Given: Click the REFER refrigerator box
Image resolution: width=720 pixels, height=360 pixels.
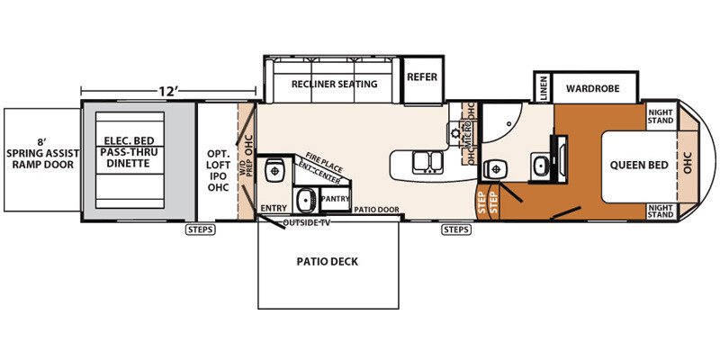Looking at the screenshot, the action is coord(422,79).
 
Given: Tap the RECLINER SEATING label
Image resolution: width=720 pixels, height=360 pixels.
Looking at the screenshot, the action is coord(334,84).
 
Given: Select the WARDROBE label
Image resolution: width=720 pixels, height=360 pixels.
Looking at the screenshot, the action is coord(593,88).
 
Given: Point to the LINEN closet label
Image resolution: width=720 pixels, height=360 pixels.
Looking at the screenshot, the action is coord(544,88).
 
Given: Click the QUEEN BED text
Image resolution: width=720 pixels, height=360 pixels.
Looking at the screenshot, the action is coord(639,166).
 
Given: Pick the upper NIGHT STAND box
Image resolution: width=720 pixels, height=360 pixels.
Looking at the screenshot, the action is coord(661,116).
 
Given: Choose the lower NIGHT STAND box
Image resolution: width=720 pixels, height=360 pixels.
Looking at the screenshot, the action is coord(661,211).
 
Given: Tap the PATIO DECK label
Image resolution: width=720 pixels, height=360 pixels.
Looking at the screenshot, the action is coord(327,262).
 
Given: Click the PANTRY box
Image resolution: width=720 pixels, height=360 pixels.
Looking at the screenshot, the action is coord(335,199).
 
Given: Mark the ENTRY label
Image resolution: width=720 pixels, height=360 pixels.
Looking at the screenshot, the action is coord(274,208).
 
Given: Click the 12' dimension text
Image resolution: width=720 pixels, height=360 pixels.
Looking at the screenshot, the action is coord(168,91).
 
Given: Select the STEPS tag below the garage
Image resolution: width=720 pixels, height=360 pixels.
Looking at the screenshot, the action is coord(201,229).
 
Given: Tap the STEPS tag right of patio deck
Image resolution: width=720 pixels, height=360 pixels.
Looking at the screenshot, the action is coord(456,229).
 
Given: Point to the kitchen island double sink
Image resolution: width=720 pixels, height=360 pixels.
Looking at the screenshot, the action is coord(427,163).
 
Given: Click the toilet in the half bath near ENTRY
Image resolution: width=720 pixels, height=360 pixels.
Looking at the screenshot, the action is coord(274,170).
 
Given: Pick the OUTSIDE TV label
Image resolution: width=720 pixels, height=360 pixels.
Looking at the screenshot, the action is coord(307,223).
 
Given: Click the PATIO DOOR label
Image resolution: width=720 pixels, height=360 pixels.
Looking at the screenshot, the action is coord(376,210).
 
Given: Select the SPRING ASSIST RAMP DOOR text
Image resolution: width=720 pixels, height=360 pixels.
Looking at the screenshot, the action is coord(40,153).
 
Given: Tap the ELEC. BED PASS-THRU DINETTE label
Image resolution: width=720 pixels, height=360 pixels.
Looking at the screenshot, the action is coord(130,151).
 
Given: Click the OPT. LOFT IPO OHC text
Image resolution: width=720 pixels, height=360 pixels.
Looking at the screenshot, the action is coord(219,164).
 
